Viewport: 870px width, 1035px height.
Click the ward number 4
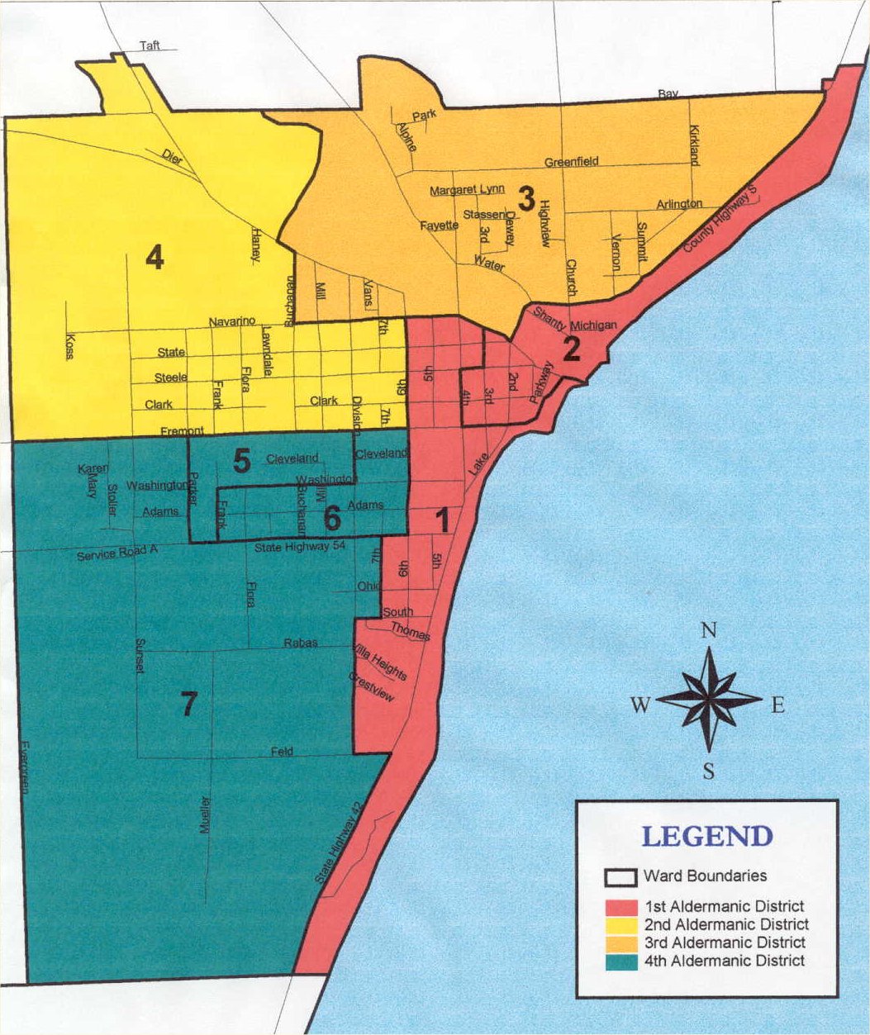(155, 259)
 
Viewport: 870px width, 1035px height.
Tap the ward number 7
(189, 705)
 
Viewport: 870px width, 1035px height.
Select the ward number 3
(526, 198)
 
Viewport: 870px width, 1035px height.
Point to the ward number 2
(571, 350)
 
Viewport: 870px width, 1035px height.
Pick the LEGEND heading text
(707, 836)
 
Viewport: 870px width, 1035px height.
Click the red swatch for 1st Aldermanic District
(620, 907)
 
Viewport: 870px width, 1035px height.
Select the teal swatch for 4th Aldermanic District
(620, 961)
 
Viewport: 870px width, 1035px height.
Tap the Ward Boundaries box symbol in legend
(620, 876)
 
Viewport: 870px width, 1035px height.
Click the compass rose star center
(709, 700)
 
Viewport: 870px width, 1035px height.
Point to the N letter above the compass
(708, 632)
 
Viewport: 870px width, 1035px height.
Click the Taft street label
(150, 45)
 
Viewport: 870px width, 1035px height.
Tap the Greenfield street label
(571, 162)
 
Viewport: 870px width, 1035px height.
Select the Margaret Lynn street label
(467, 191)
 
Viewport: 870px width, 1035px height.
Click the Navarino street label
(233, 320)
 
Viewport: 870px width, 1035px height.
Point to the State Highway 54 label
(291, 547)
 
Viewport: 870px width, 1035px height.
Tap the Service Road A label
(116, 554)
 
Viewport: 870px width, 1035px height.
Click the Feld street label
(282, 752)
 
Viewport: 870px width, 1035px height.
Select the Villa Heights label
(380, 662)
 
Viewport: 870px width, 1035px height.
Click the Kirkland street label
(693, 145)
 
